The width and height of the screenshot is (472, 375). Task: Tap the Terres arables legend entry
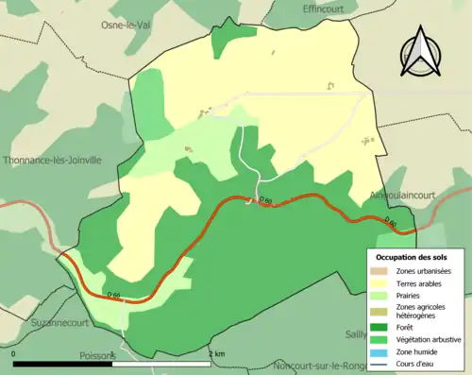(419, 283)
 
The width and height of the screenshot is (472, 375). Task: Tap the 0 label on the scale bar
(15, 353)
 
